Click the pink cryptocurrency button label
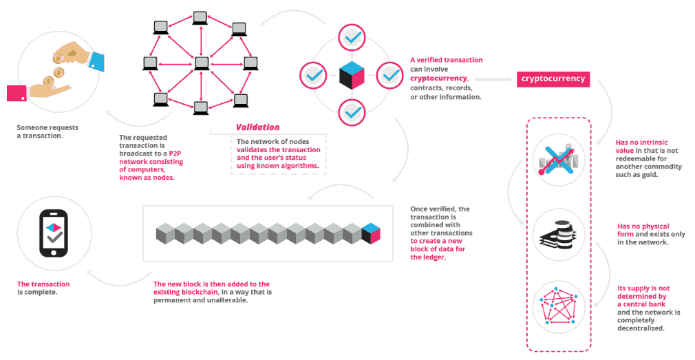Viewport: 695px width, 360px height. [553, 79]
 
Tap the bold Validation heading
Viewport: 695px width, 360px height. [257, 127]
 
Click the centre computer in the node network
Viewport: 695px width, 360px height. [200, 63]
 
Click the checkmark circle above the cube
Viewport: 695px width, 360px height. [352, 37]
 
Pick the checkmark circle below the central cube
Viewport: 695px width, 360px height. [352, 110]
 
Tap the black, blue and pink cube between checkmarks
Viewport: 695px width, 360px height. [352, 74]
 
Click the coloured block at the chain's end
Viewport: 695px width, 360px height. [370, 233]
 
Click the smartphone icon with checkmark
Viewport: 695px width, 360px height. [52, 234]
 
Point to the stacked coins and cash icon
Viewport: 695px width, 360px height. [558, 235]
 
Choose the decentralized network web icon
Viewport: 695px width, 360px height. [558, 307]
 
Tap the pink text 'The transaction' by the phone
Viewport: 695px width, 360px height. [43, 284]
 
